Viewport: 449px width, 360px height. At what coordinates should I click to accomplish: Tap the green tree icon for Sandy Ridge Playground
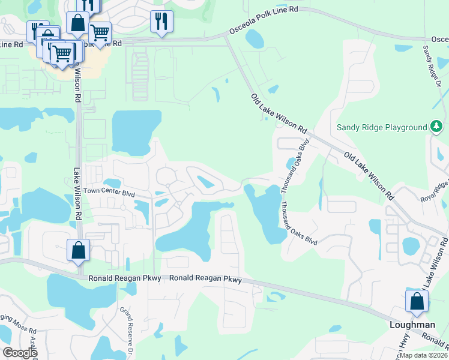coord(437,127)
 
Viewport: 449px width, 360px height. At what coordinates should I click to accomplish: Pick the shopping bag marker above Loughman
coord(417,302)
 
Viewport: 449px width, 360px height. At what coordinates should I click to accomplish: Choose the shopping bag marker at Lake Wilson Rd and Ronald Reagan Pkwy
coord(78,250)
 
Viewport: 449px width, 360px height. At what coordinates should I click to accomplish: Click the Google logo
coord(20,353)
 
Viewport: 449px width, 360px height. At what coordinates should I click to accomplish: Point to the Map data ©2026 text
coord(423,355)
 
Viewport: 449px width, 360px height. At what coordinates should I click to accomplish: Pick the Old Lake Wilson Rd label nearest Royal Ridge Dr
coord(369,175)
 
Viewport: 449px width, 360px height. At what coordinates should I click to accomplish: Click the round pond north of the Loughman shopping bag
coord(411,245)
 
